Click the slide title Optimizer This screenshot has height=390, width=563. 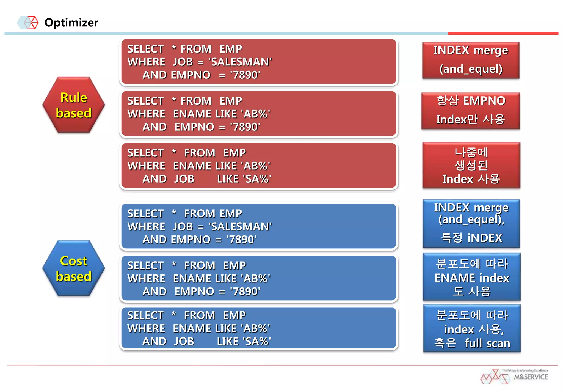click(x=71, y=23)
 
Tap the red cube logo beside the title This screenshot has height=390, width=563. click(x=31, y=23)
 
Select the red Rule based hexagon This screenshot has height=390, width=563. click(x=74, y=105)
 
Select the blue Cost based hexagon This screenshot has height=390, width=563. click(x=74, y=268)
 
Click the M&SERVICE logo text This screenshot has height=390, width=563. click(x=531, y=377)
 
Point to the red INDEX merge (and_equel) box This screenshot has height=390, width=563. click(x=471, y=60)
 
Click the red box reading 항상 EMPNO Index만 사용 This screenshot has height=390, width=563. click(x=471, y=110)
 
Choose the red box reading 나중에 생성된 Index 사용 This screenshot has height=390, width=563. click(x=471, y=165)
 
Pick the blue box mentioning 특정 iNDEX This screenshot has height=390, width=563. click(x=471, y=223)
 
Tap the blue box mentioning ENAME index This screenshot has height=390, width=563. click(x=472, y=277)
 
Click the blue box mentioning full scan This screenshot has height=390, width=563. click(x=472, y=329)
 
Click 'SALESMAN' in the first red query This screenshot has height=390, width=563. click(x=240, y=62)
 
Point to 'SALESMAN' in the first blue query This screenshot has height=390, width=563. click(x=240, y=227)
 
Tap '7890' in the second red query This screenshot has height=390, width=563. click(x=245, y=127)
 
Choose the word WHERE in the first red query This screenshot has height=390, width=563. click(x=146, y=62)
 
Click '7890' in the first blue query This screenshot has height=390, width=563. click(x=241, y=240)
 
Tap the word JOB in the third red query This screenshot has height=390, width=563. click(x=184, y=179)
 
